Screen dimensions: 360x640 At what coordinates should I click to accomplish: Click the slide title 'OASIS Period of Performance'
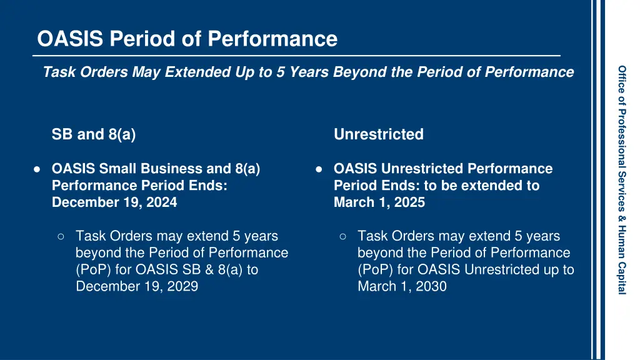pos(187,39)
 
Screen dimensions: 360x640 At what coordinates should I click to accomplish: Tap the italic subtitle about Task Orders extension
pos(308,72)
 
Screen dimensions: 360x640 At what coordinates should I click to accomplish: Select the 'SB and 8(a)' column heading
pos(94,134)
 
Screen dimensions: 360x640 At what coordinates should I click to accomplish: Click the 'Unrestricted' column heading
pos(378,134)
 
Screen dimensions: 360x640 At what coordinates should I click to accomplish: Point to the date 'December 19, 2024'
pos(114,202)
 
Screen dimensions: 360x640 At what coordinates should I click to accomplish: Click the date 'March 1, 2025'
pos(379,202)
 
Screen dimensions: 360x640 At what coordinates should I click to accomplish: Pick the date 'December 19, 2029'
pos(137,287)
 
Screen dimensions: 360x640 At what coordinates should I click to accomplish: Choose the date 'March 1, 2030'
pos(402,287)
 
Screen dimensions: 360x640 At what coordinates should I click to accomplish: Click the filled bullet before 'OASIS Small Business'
pos(37,169)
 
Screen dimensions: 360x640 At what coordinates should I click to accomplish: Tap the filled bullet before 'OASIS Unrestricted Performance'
pos(319,169)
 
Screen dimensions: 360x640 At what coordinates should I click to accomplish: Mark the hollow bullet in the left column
pos(61,236)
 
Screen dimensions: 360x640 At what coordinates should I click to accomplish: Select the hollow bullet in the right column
pos(343,236)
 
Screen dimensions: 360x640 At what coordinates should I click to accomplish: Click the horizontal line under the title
pos(296,56)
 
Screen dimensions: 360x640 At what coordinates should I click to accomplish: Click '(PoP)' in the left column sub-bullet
pos(92,270)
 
